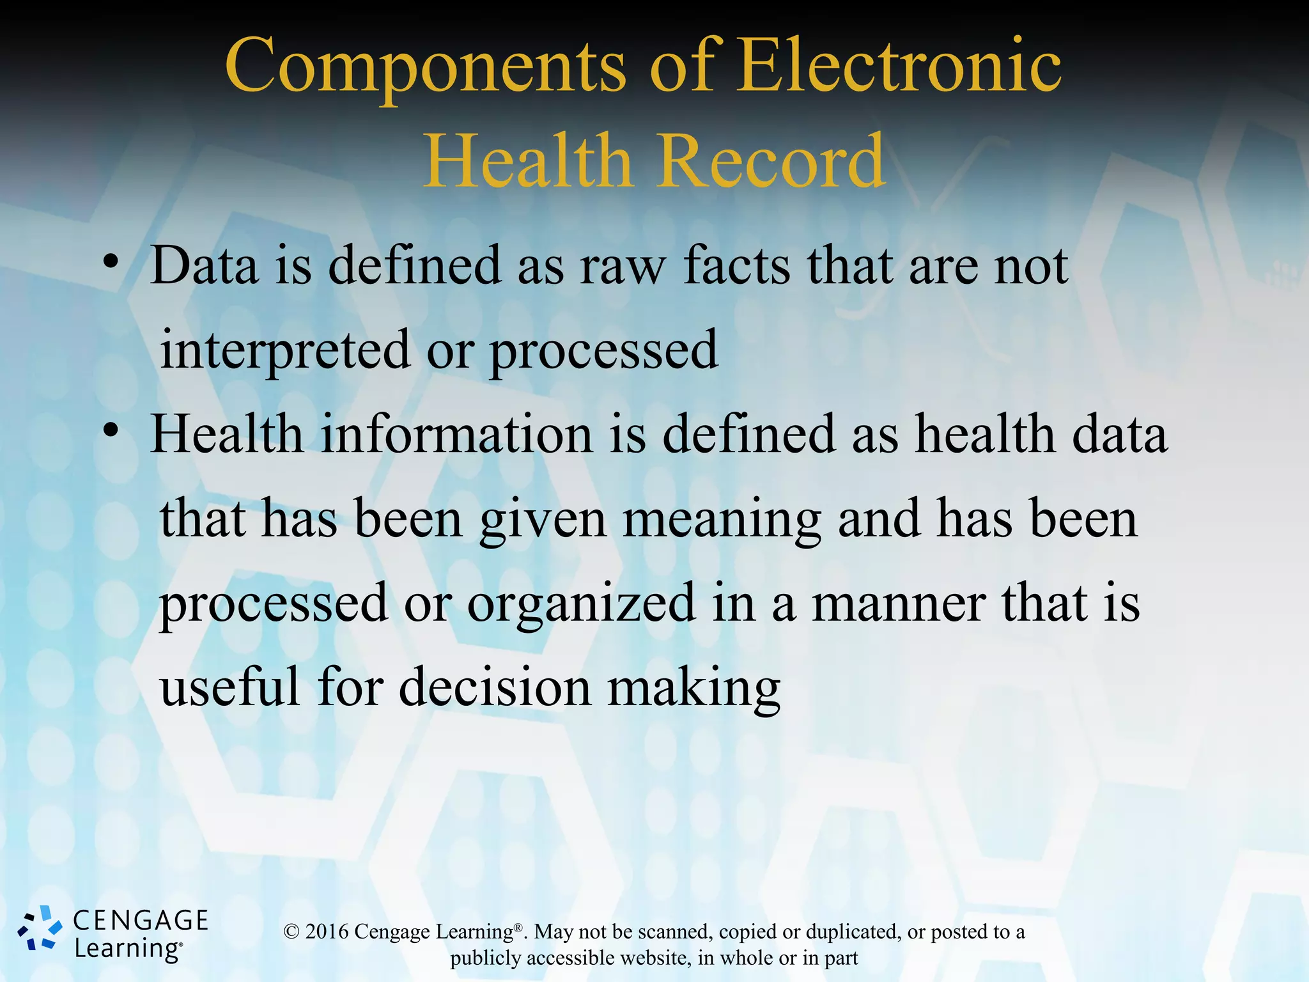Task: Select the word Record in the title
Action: click(x=770, y=161)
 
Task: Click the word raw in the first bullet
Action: click(x=623, y=267)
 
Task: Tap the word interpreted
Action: click(x=284, y=350)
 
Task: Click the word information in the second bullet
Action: click(x=456, y=434)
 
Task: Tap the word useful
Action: click(x=229, y=687)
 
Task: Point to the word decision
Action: click(x=495, y=687)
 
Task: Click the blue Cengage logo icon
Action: click(x=40, y=928)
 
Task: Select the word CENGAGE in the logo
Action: click(x=141, y=921)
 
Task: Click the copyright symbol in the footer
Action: click(x=291, y=932)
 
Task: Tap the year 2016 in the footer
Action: click(x=327, y=932)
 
